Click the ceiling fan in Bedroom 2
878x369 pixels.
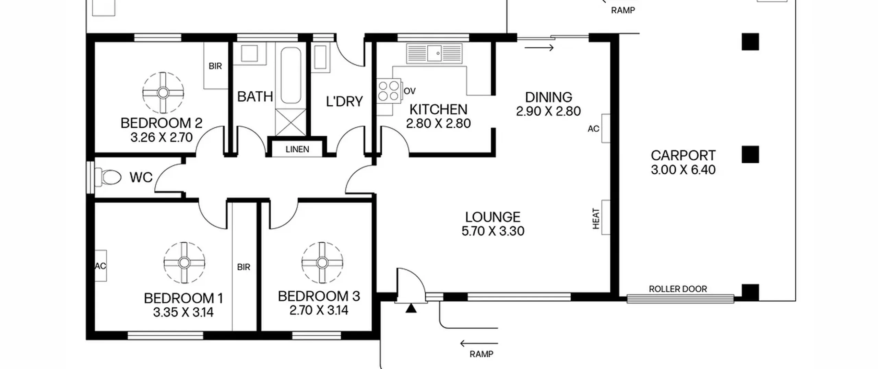tap(163, 93)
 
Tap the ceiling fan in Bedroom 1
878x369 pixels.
tap(185, 263)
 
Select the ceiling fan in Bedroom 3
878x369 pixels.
tap(322, 263)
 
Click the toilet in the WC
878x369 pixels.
tap(108, 177)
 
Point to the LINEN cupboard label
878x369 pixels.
tap(297, 149)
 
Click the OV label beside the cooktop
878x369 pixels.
tap(410, 91)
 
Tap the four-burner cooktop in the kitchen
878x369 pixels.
tap(389, 91)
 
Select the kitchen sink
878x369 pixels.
tap(434, 53)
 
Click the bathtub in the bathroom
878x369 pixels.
tap(291, 75)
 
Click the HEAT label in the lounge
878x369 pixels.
tap(596, 219)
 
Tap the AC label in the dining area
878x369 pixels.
tap(593, 129)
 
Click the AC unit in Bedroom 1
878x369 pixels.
tap(100, 266)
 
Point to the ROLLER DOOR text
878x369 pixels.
tap(678, 289)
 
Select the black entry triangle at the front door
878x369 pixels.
tap(411, 308)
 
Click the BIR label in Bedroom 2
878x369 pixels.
tap(215, 66)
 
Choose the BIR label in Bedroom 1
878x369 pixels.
tap(244, 267)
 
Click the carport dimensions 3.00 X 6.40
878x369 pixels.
tap(683, 170)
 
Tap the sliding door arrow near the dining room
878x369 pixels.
tap(539, 48)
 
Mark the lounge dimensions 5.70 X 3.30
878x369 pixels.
tap(493, 231)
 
